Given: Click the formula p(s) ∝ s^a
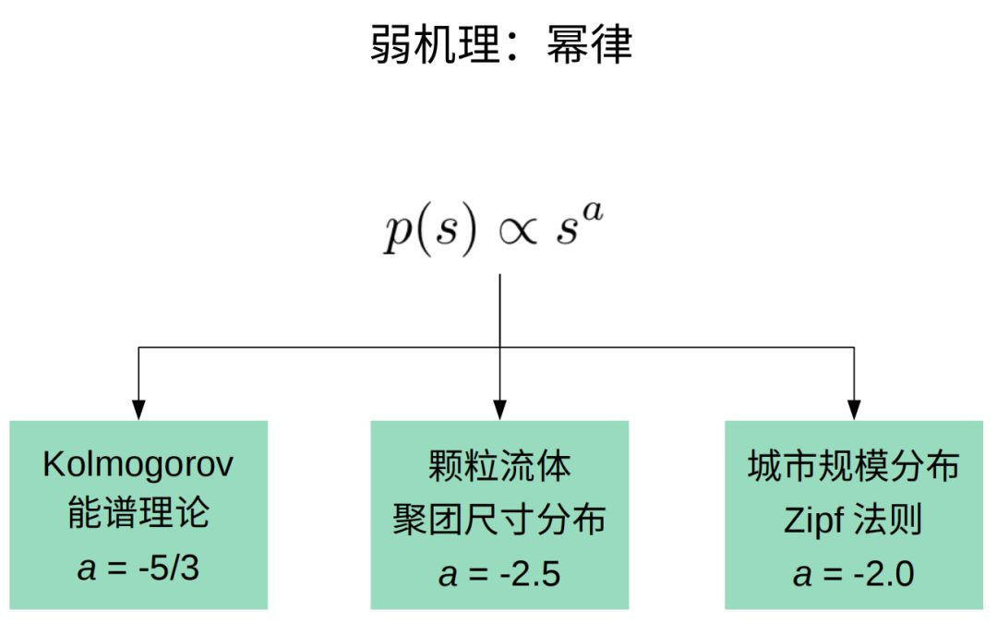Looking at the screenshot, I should [498, 234].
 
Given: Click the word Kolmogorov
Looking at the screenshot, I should [138, 464].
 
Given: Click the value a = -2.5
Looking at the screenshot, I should [499, 573].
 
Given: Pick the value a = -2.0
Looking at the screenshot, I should [854, 573].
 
